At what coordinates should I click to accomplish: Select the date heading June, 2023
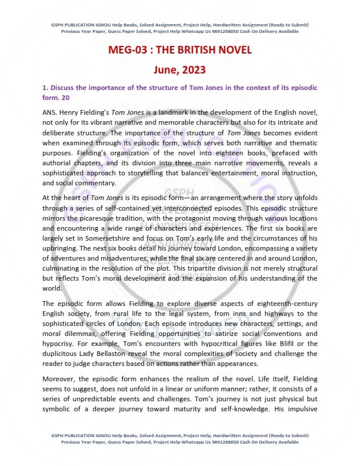pos(180,70)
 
